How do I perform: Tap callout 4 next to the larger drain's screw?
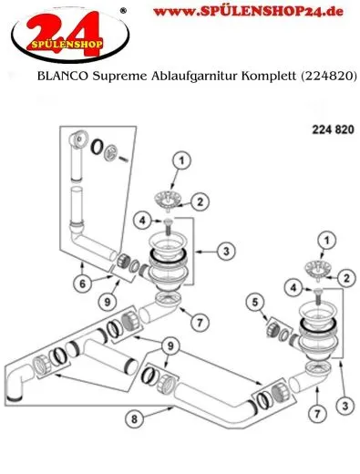click(x=144, y=219)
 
